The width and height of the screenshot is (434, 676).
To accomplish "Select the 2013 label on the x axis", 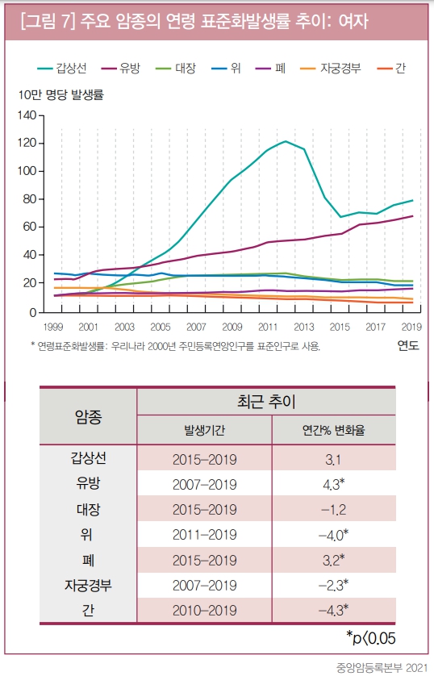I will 303,327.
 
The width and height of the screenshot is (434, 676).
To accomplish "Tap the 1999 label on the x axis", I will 52,327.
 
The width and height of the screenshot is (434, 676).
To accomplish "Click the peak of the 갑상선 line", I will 286,141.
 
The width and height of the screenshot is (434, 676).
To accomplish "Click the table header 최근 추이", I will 266,401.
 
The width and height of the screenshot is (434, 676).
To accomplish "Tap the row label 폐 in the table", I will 89,560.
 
